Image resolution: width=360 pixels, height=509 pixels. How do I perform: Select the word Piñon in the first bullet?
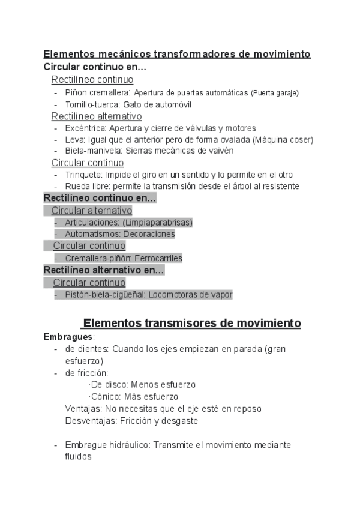click(77, 92)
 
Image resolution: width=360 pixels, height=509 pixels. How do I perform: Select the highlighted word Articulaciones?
click(91, 223)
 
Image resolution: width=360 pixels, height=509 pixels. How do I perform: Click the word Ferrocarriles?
click(158, 258)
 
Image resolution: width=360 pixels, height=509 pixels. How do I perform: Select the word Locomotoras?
click(175, 295)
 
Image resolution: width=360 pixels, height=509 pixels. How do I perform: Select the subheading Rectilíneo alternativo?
click(96, 116)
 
